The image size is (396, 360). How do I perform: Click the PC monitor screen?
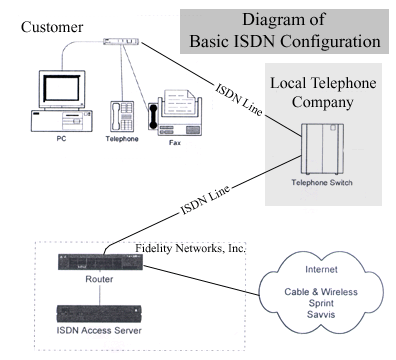tap(62, 88)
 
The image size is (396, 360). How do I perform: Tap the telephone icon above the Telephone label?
tap(122, 117)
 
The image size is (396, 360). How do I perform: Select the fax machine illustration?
tap(175, 112)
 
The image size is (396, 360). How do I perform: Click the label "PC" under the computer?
tap(61, 138)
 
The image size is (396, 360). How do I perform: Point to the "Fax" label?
tap(175, 143)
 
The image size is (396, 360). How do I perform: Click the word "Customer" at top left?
tap(52, 27)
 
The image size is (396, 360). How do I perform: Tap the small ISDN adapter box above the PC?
tap(121, 41)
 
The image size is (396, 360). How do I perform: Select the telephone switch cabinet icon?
tap(322, 149)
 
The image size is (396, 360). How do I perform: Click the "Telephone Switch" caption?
tap(322, 183)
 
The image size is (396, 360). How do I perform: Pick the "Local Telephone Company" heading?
tap(323, 92)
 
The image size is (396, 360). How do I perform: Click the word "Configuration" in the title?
tap(330, 41)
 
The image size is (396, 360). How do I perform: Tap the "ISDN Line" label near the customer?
tap(238, 100)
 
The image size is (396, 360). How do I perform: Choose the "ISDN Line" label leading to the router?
tap(205, 199)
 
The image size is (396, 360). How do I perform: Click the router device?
tap(101, 262)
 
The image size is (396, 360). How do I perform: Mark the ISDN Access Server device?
tap(99, 314)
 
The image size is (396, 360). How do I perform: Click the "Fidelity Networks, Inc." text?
tap(190, 248)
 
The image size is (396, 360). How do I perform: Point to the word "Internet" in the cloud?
tap(321, 269)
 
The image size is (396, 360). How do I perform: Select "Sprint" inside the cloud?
tap(321, 304)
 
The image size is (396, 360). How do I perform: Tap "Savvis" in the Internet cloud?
tap(321, 314)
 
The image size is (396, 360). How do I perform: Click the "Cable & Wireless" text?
tap(321, 292)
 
